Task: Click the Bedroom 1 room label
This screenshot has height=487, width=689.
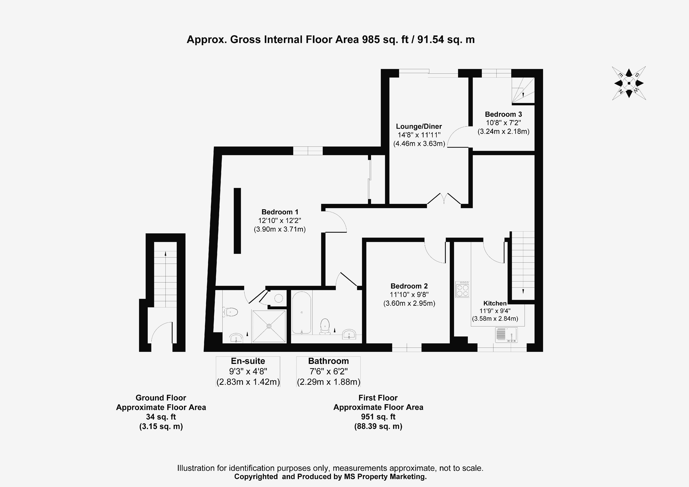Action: tap(280, 212)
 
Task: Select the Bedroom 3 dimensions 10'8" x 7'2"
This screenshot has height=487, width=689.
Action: tap(503, 123)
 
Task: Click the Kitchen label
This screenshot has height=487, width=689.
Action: tap(495, 303)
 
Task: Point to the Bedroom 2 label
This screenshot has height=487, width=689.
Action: tap(409, 286)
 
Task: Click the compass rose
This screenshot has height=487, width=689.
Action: tap(629, 83)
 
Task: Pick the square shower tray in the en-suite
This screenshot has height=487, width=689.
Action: tap(269, 326)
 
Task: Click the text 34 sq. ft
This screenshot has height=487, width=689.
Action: tap(161, 417)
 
